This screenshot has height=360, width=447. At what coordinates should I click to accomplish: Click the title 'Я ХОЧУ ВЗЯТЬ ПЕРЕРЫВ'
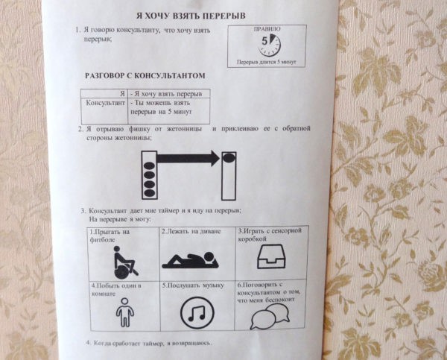(191, 16)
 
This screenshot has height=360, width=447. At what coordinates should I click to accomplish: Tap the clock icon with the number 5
(270, 45)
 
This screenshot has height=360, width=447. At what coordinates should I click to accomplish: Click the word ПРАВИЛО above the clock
(267, 29)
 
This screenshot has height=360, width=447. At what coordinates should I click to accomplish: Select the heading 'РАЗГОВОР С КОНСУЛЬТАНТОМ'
(145, 75)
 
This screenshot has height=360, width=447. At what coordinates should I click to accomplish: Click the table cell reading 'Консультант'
(106, 103)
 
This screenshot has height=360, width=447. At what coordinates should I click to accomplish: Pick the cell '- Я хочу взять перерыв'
(166, 94)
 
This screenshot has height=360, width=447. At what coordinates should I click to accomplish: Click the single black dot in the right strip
(229, 157)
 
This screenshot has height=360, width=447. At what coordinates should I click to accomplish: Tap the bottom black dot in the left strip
(150, 193)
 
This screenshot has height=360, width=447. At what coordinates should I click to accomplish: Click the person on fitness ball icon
(125, 262)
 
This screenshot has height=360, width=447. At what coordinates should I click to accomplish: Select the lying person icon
(191, 260)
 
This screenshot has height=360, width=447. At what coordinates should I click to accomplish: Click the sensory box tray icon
(271, 256)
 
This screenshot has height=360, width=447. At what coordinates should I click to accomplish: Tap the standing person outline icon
(124, 312)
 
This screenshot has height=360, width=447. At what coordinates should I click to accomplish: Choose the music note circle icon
(197, 312)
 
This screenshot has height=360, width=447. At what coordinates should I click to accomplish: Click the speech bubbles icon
(270, 316)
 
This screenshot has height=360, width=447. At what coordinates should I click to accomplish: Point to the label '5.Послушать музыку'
(193, 285)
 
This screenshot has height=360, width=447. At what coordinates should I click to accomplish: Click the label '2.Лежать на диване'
(191, 231)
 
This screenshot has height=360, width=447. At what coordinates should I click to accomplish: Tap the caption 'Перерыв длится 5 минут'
(266, 62)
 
